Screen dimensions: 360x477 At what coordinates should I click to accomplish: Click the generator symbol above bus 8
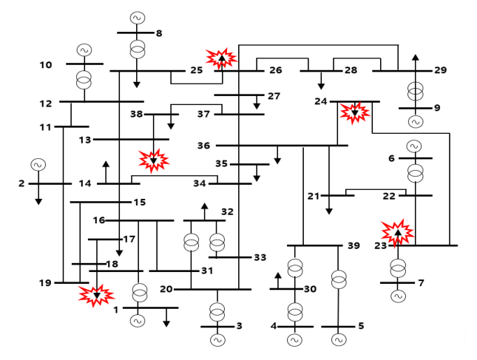(138, 17)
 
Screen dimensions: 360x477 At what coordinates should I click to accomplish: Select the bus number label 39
(353, 245)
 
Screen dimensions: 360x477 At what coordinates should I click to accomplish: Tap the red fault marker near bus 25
(221, 58)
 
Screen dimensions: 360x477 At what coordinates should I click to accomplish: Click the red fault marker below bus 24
(354, 112)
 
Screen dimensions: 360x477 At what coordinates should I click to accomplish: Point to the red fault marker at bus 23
(398, 232)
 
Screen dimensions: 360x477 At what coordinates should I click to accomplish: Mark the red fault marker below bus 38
(154, 160)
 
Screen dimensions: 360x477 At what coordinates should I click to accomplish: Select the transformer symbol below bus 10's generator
(84, 79)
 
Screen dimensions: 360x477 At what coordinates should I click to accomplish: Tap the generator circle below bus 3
(217, 340)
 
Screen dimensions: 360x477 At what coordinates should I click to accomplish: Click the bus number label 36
(204, 146)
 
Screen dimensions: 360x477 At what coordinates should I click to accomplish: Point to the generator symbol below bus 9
(416, 121)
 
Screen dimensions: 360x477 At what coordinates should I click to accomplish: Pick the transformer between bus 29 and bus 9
(416, 91)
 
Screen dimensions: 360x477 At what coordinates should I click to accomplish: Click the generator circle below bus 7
(398, 296)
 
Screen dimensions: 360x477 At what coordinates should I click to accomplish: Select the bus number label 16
(100, 220)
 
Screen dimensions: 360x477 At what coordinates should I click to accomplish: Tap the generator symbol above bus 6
(415, 146)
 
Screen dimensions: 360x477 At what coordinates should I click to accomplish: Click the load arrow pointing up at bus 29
(416, 59)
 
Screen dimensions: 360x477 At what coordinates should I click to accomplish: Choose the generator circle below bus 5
(339, 340)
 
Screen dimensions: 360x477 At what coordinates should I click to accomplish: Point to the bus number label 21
(314, 196)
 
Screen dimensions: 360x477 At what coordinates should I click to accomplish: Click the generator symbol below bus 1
(138, 321)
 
